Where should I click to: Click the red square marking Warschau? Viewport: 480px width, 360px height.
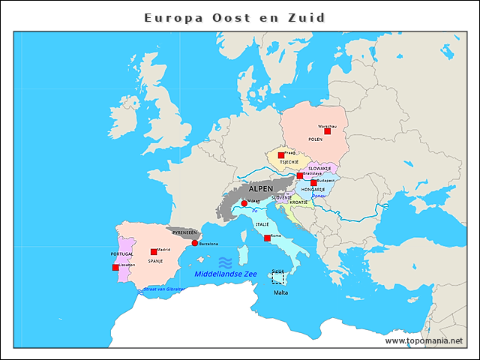point(327,130)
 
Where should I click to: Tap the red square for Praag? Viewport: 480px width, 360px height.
point(281,155)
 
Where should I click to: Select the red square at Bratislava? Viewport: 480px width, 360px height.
point(300,175)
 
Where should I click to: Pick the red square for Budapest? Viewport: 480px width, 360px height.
point(313,182)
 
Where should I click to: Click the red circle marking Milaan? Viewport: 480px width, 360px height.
point(244,203)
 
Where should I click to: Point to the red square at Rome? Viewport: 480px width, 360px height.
point(267,238)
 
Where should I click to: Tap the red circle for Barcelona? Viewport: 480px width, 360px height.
point(195,243)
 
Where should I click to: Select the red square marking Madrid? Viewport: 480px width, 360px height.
point(154,252)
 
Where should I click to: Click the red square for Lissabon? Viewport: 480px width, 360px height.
point(115,267)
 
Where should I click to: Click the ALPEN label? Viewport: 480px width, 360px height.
point(261,189)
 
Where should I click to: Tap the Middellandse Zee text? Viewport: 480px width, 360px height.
point(225,274)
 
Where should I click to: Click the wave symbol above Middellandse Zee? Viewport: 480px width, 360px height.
point(225,262)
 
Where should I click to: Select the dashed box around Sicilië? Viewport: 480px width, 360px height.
point(278,277)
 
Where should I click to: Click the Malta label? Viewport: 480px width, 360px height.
point(280,292)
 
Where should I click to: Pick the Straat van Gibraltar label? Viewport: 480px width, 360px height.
point(163,288)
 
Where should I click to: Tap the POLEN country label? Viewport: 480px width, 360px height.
point(315,139)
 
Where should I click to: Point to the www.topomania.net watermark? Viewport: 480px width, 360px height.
point(424,340)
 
